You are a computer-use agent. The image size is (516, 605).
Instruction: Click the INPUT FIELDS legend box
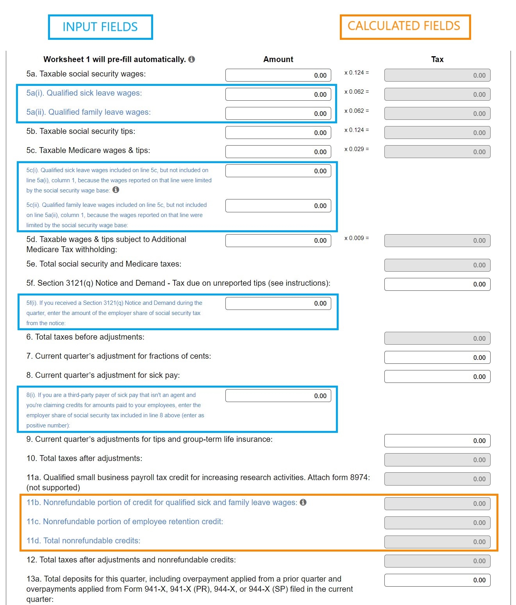[100, 27]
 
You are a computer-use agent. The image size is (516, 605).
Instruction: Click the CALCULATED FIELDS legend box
[405, 27]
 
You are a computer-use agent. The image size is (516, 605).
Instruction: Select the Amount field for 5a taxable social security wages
[278, 75]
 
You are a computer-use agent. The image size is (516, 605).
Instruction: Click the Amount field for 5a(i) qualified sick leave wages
[278, 94]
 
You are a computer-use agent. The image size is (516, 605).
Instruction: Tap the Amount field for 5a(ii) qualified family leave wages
[278, 114]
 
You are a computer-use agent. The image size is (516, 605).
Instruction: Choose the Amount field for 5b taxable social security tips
[278, 133]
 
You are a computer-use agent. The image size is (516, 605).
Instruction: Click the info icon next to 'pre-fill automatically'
[191, 59]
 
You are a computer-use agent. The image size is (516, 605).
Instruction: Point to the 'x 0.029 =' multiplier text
[356, 149]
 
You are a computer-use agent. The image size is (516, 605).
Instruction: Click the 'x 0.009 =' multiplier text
[356, 238]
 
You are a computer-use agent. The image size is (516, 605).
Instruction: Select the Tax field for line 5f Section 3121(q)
[437, 284]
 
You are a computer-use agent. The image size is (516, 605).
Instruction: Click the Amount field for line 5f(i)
[278, 303]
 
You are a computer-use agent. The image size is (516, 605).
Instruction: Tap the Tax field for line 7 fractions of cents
[437, 358]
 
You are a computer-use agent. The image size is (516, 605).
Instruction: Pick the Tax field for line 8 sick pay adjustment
[437, 377]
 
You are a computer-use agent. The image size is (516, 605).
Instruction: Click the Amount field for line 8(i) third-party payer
[278, 396]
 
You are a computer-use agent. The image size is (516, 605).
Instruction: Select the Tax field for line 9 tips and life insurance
[437, 441]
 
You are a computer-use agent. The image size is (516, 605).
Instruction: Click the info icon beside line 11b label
[303, 502]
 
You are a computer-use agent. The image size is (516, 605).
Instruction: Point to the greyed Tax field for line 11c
[437, 523]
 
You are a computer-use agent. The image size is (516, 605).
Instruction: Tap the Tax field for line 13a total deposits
[437, 580]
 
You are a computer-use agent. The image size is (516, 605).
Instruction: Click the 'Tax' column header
[437, 59]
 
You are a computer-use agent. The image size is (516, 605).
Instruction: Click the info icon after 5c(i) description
[116, 190]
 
